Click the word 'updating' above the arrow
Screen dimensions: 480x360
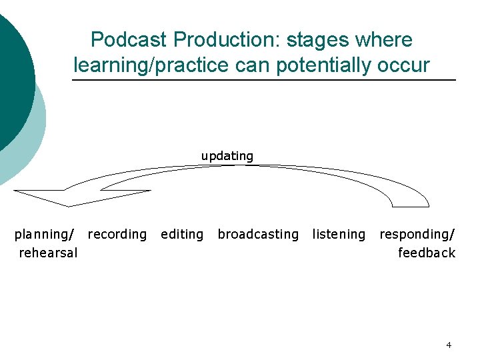tap(227, 156)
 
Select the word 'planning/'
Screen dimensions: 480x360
tap(44, 234)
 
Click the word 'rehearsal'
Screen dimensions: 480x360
tap(48, 253)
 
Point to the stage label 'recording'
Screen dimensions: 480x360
tap(117, 234)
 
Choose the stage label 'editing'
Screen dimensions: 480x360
tap(182, 234)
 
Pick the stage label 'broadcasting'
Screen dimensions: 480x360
tap(258, 234)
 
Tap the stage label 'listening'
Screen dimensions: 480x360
tap(339, 234)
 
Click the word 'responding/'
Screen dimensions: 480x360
tap(417, 234)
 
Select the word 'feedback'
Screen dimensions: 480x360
tap(427, 253)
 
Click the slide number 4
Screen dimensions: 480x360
tap(449, 345)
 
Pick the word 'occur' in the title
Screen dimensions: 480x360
tap(407, 65)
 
